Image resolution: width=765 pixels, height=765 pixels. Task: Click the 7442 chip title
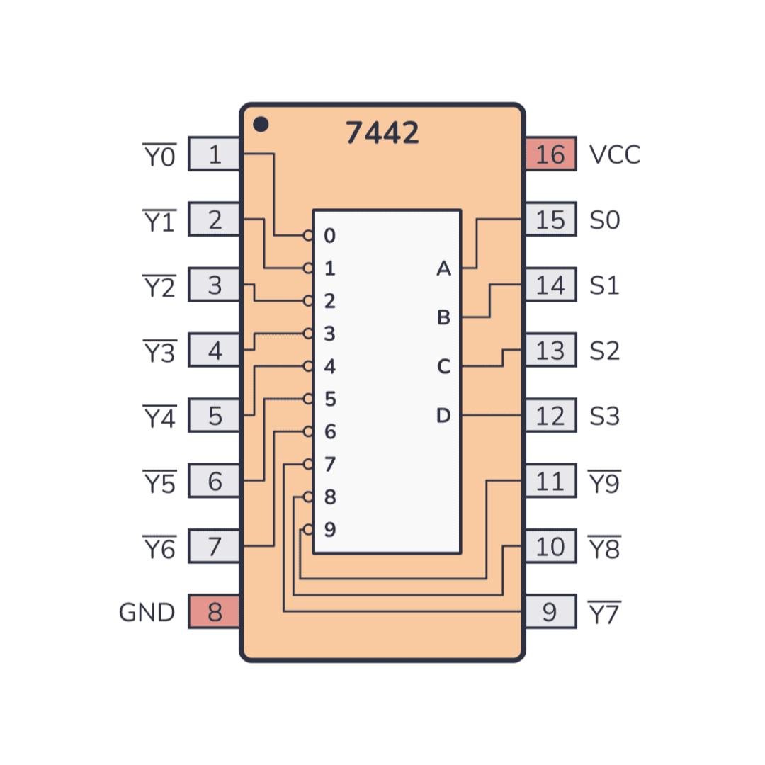point(382,132)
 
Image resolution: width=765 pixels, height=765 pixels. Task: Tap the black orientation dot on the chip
point(261,125)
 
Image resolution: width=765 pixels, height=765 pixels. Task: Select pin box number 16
point(550,154)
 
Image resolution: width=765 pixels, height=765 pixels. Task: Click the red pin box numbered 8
point(215,612)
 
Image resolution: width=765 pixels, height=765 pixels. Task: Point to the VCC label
point(615,154)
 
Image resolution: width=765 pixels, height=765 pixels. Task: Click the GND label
point(147,612)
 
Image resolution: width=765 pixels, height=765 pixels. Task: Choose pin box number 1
point(215,154)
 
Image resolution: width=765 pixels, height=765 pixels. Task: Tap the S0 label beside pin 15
point(605,220)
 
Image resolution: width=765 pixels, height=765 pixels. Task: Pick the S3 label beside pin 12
point(605,416)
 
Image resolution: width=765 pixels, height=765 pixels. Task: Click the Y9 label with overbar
point(604,482)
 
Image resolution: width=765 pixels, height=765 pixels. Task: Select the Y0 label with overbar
point(159,156)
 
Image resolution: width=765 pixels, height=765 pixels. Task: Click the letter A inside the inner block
point(443,268)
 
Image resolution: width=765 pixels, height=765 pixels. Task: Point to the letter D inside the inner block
point(443,416)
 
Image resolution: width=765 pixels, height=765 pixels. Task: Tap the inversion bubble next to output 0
point(308,236)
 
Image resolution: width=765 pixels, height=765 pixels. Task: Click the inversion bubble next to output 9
point(308,529)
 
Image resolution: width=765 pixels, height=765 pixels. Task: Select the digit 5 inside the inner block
point(330,399)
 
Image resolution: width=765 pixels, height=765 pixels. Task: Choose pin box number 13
point(550,351)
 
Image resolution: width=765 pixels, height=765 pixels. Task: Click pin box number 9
point(550,612)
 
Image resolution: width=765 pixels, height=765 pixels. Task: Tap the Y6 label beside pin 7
point(159,548)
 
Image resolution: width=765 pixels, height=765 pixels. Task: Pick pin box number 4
point(215,351)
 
